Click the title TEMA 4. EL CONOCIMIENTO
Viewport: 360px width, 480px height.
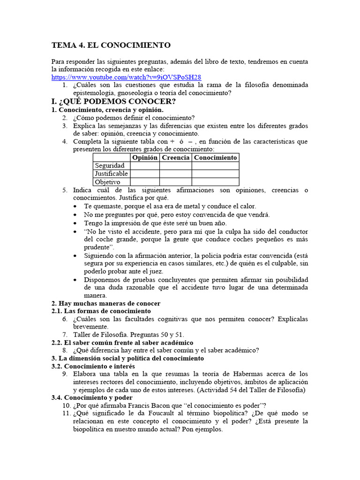click(x=111, y=45)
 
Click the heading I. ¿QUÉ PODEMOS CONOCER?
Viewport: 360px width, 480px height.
click(x=114, y=101)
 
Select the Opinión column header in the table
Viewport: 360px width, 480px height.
click(x=144, y=157)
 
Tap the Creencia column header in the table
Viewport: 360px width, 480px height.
click(x=175, y=157)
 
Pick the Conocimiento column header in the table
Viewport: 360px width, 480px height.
click(x=215, y=157)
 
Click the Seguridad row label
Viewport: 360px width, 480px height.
click(x=110, y=166)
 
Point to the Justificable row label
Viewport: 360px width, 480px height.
click(x=111, y=174)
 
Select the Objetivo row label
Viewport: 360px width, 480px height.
click(x=107, y=182)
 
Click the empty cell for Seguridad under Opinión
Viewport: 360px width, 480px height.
click(x=144, y=166)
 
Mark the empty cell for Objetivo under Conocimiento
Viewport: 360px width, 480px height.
click(x=215, y=182)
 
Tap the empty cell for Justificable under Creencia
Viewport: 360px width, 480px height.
click(x=175, y=174)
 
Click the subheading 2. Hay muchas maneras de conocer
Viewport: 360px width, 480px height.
click(x=106, y=303)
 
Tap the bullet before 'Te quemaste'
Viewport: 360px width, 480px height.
click(x=76, y=206)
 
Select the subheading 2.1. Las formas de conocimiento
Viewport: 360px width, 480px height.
click(x=101, y=311)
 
